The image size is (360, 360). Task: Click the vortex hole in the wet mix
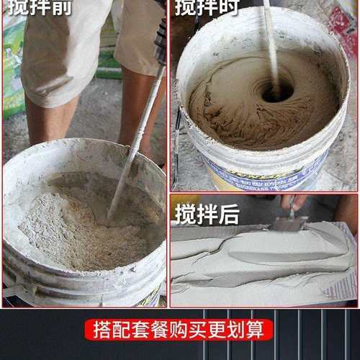pyautogui.click(x=276, y=91)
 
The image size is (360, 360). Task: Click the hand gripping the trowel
pyautogui.click(x=296, y=202)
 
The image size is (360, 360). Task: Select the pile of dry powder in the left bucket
pyautogui.click(x=79, y=223)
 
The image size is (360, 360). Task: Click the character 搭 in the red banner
pyautogui.click(x=102, y=330)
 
